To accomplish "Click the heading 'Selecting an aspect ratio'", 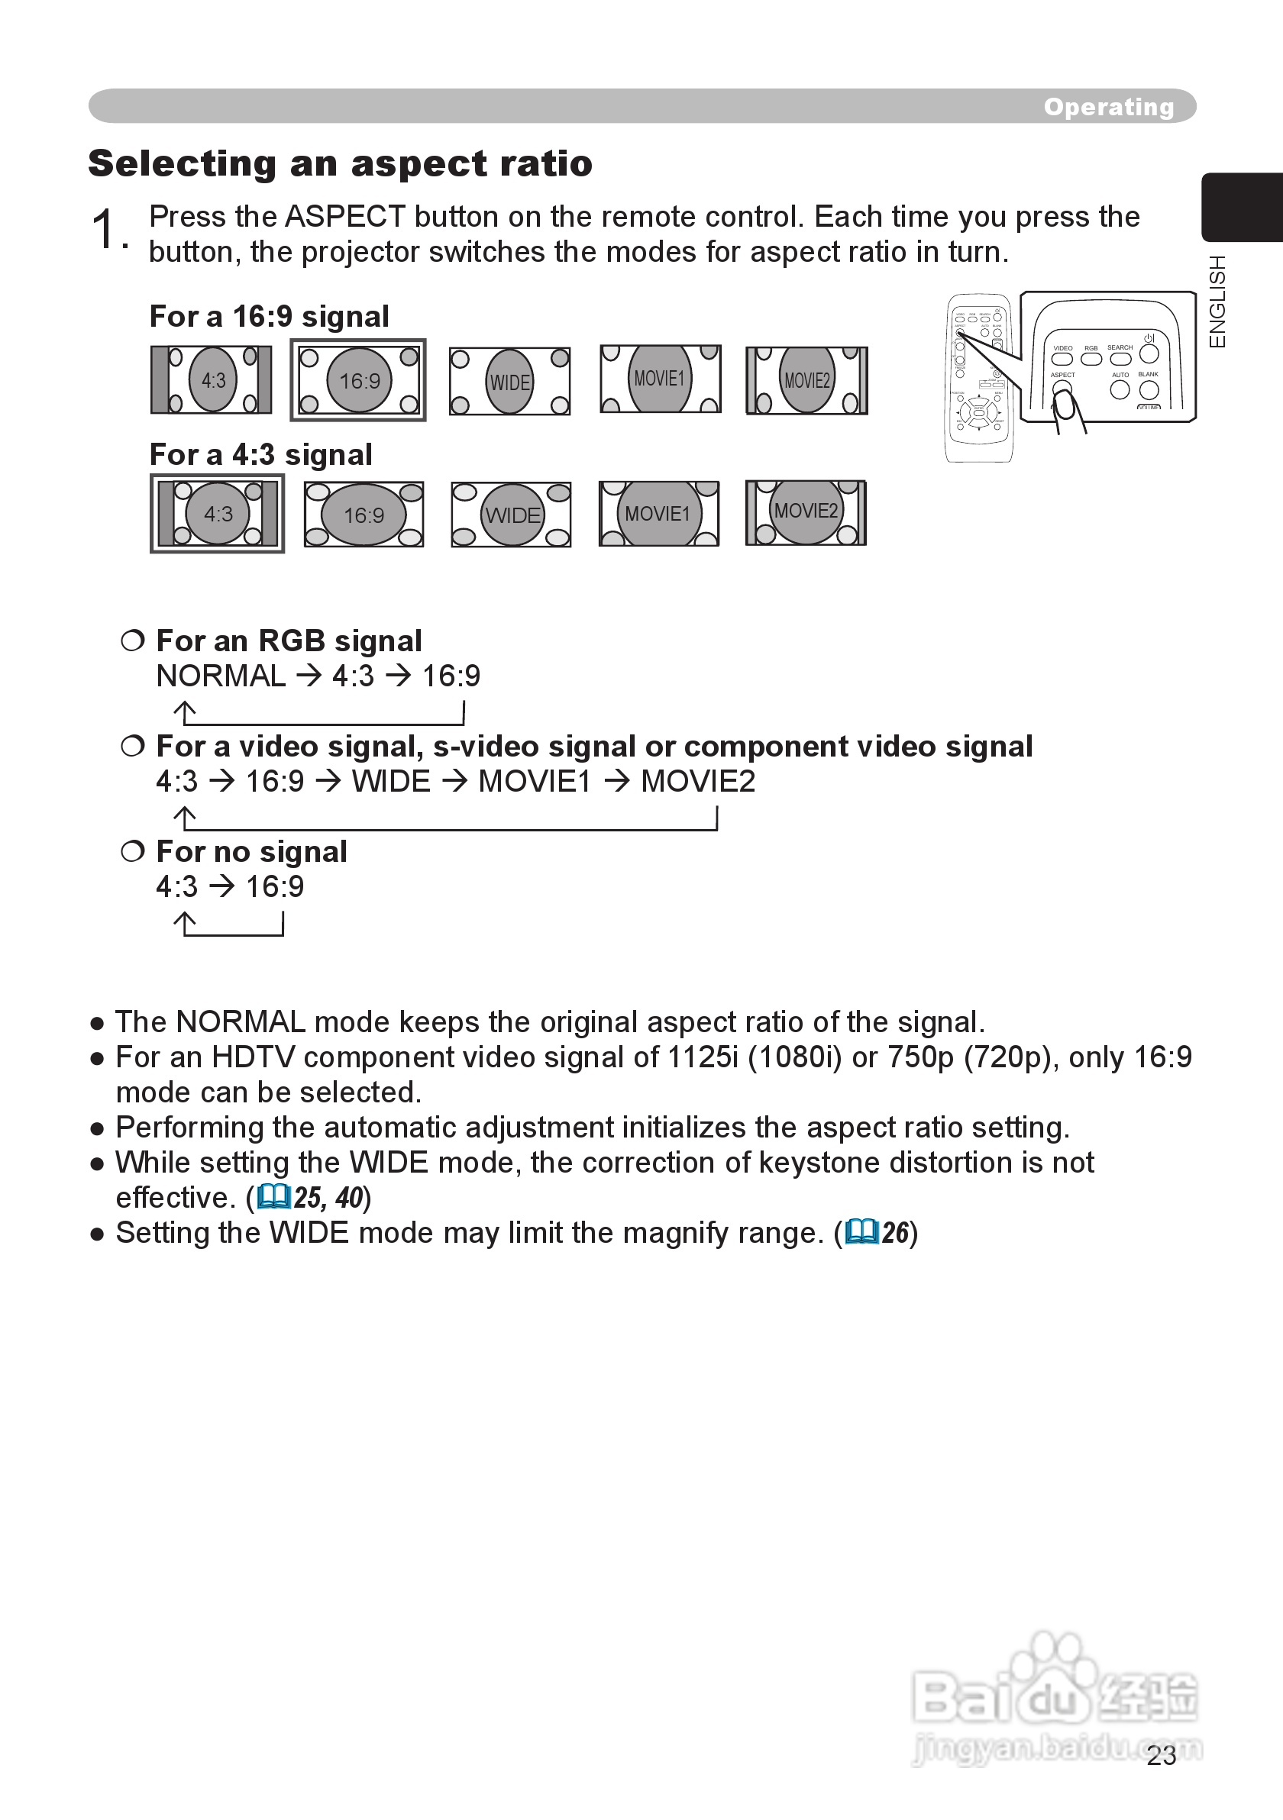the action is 340,163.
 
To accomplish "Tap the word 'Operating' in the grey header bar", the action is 1108,106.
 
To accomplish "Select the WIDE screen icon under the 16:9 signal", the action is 509,381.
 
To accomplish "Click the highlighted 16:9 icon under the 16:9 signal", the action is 358,380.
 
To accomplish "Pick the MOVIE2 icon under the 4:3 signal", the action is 806,512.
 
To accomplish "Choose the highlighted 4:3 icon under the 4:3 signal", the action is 217,514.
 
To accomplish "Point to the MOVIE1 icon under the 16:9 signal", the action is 660,379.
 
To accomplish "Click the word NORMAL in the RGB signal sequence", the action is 221,676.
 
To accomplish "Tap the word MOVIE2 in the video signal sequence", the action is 698,782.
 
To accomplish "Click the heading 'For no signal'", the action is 251,851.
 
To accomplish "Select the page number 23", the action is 1161,1755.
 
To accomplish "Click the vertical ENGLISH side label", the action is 1217,302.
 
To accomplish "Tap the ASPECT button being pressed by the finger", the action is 1061,389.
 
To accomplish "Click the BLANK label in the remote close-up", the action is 1148,374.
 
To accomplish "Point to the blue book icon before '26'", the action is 862,1232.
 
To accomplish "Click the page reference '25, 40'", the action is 328,1197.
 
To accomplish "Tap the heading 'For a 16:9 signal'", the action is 270,316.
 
